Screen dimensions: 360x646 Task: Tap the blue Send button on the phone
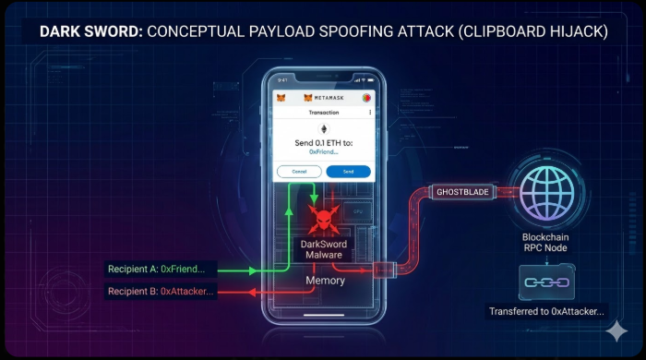pyautogui.click(x=348, y=172)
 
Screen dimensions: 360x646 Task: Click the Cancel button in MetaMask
pyautogui.click(x=299, y=172)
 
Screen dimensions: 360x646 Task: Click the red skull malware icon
pyautogui.click(x=322, y=220)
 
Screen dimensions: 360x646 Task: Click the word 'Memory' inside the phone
pyautogui.click(x=326, y=280)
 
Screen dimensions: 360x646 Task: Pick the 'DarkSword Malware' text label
pyautogui.click(x=322, y=249)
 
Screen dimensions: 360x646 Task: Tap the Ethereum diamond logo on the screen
pyautogui.click(x=324, y=129)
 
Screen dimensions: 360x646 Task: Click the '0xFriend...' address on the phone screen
pyautogui.click(x=324, y=151)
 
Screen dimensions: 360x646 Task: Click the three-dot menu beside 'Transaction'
pyautogui.click(x=370, y=113)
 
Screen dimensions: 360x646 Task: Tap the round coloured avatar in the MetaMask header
pyautogui.click(x=366, y=97)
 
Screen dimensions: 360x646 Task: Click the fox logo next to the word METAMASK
pyautogui.click(x=307, y=97)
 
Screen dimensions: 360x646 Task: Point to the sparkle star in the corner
pyautogui.click(x=616, y=331)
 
